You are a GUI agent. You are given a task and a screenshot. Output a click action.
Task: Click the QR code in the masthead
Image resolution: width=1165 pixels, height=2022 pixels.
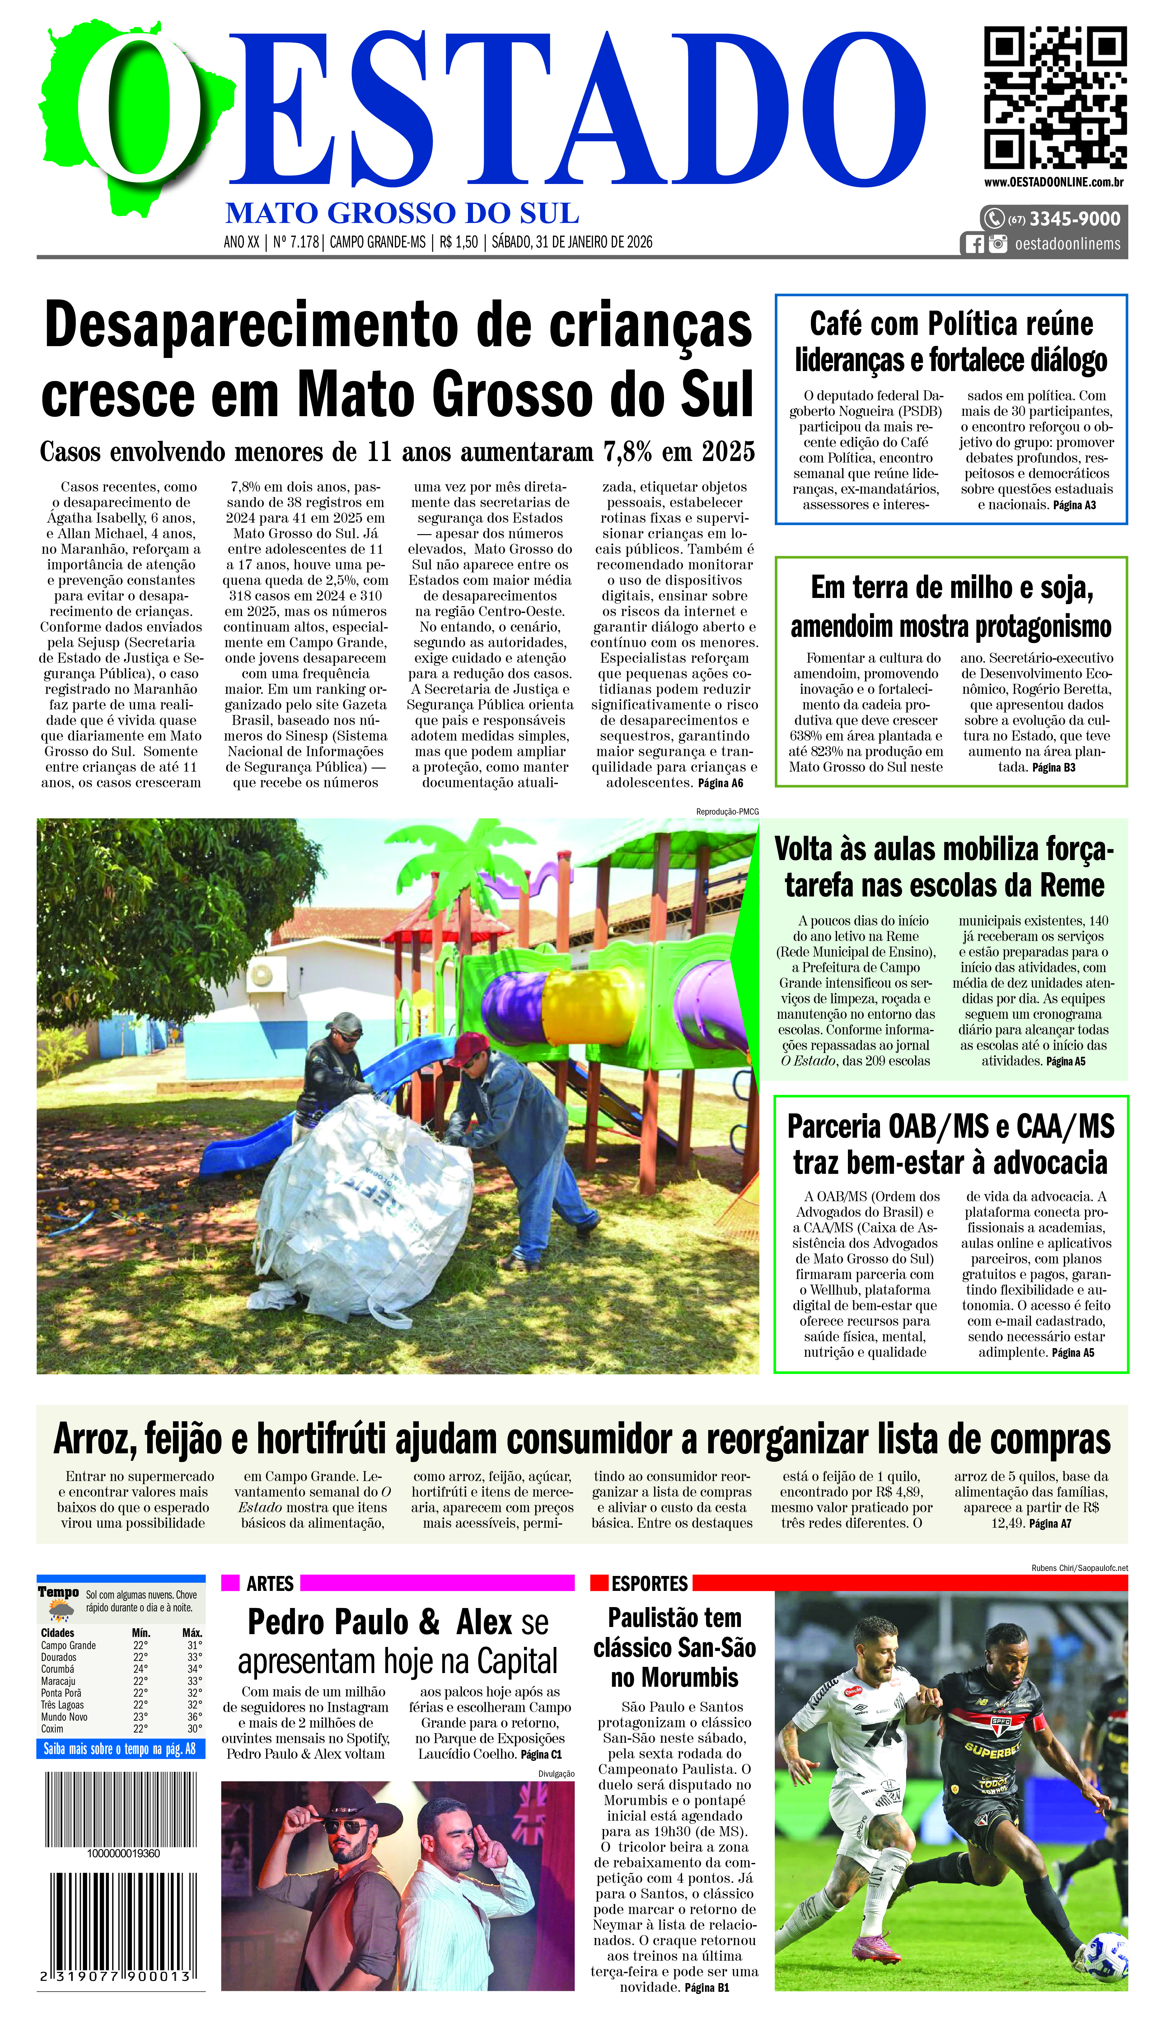1055,97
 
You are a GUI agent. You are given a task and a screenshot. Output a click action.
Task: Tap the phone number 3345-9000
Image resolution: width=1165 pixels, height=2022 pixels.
1074,219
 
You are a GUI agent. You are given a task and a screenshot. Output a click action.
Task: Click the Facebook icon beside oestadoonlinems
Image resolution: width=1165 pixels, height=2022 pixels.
974,244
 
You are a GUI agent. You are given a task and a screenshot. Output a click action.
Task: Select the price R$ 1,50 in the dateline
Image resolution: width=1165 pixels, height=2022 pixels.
458,242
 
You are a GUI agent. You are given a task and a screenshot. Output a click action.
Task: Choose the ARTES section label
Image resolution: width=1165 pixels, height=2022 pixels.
270,1583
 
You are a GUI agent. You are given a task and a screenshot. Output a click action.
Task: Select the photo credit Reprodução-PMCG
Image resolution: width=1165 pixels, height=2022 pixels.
727,811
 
